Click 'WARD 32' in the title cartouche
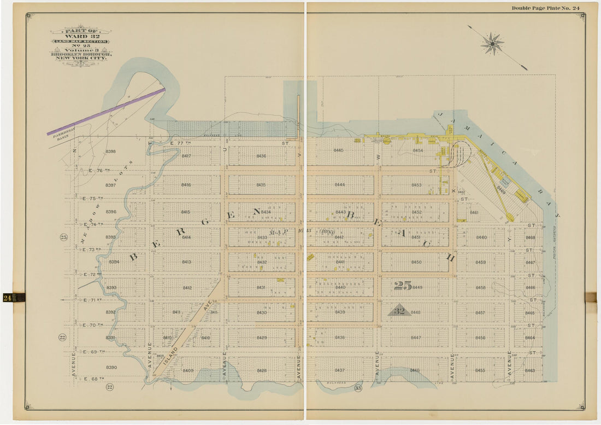click(80, 36)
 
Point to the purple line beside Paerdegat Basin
click(106, 112)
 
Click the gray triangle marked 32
click(399, 310)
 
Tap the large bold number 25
click(403, 286)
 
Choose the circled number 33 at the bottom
click(358, 388)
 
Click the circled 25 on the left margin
click(63, 237)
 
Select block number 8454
click(417, 150)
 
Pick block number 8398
click(110, 151)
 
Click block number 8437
click(340, 370)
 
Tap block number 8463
click(529, 371)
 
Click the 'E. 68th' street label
click(93, 379)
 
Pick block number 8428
click(262, 370)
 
